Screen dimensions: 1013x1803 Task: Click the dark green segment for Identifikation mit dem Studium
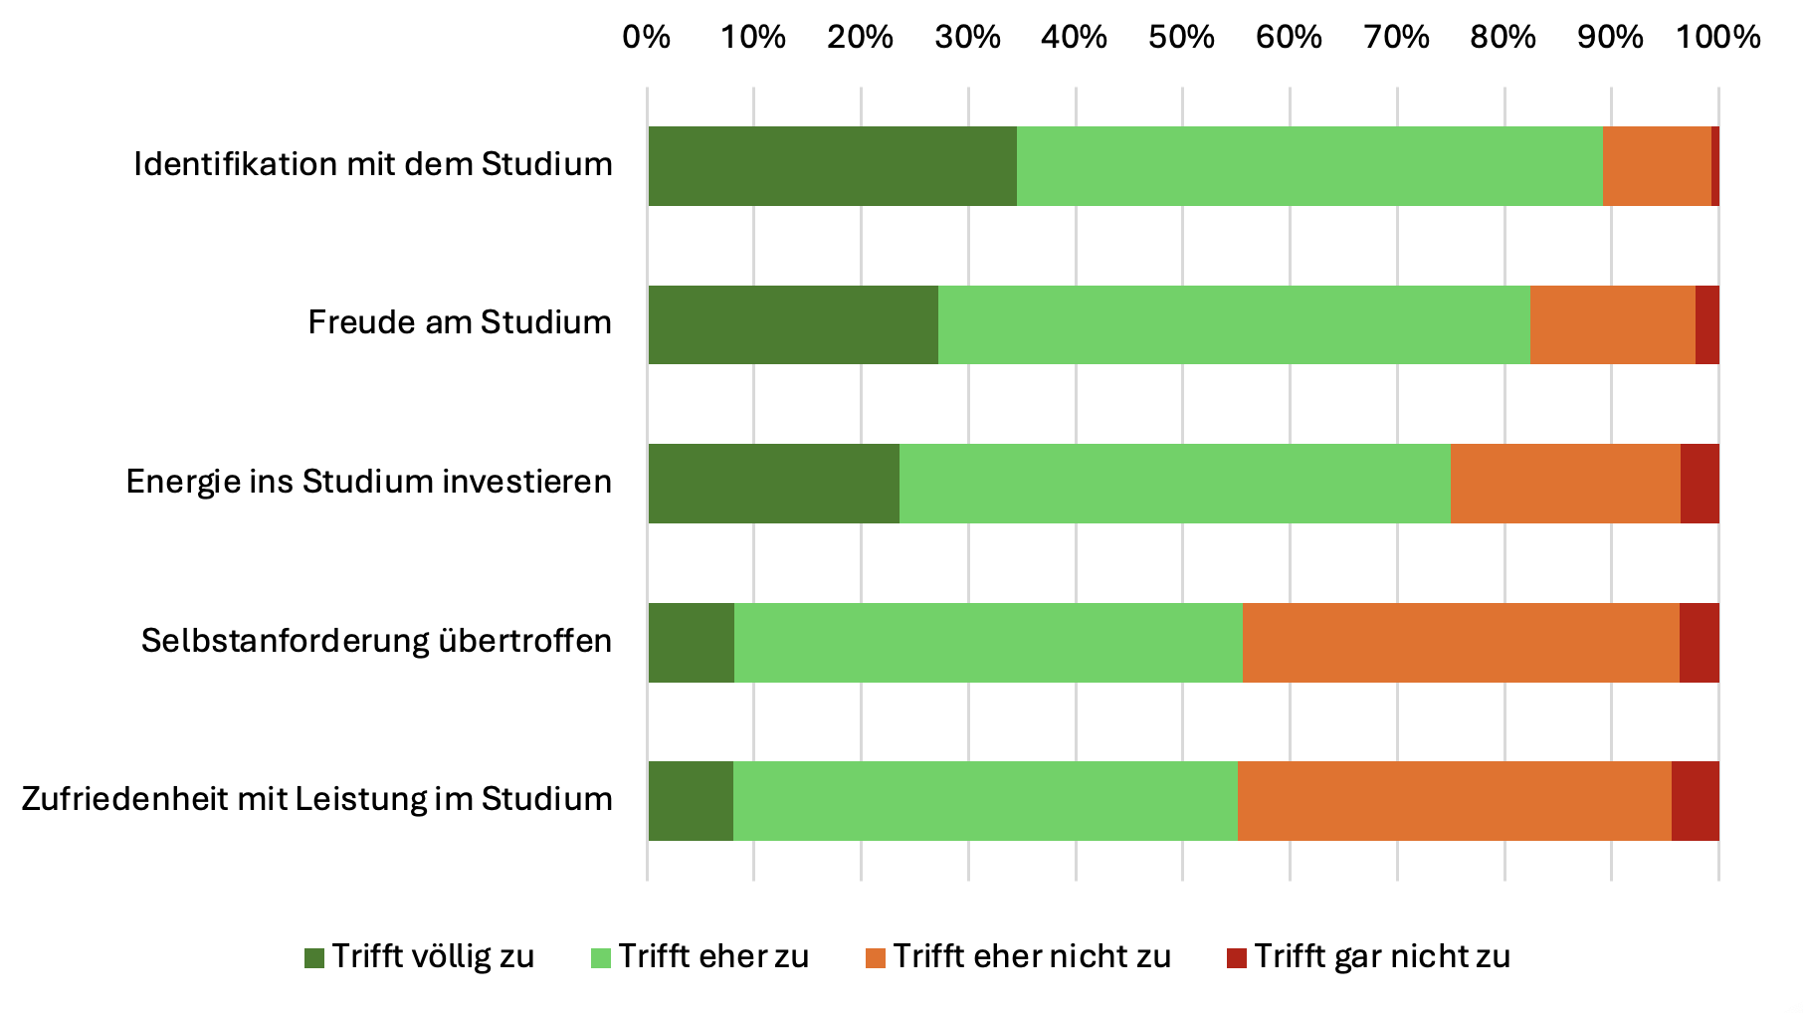coord(832,166)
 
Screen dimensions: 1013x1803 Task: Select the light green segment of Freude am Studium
coord(1234,324)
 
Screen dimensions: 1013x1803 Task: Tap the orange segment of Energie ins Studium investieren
coord(1565,484)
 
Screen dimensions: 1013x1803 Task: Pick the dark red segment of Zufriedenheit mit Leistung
coord(1696,801)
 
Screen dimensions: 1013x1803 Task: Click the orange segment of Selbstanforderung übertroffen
coord(1461,643)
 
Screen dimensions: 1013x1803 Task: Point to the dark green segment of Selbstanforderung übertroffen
coord(691,643)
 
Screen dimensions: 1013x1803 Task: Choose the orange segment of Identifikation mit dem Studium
coord(1657,166)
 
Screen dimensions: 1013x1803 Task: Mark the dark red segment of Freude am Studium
coord(1707,324)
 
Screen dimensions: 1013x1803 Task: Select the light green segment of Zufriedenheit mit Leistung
coord(985,801)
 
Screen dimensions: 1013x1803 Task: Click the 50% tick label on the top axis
coord(1181,38)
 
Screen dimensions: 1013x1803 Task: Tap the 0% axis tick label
coord(647,38)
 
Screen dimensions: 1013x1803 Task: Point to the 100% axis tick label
coord(1718,38)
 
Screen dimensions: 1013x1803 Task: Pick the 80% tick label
coord(1503,38)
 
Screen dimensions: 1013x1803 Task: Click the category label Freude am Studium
coord(460,322)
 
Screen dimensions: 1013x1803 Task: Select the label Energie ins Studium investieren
coord(368,482)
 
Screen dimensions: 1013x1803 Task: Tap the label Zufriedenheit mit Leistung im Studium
coord(316,799)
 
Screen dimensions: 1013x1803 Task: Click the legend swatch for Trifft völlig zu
coord(314,958)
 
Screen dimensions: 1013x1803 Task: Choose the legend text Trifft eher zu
coord(713,956)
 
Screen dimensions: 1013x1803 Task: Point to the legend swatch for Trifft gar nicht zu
coord(1237,958)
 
